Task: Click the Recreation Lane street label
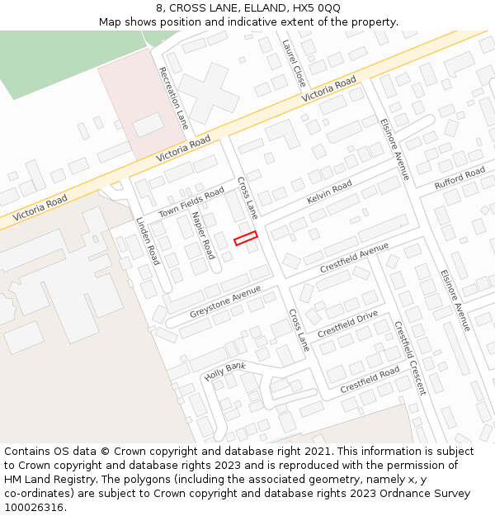tap(174, 97)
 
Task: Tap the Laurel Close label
tap(294, 63)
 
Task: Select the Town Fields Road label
tap(191, 201)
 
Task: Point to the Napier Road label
tap(203, 234)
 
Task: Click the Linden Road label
tap(147, 241)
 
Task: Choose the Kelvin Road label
tap(329, 192)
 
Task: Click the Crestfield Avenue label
tap(354, 259)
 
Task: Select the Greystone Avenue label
tap(225, 301)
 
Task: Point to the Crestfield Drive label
tap(347, 324)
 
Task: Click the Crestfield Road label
tap(370, 380)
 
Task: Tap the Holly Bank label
tap(225, 370)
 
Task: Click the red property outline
tap(246, 238)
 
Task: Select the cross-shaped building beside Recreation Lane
tap(208, 92)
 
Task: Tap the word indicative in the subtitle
tap(277, 21)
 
